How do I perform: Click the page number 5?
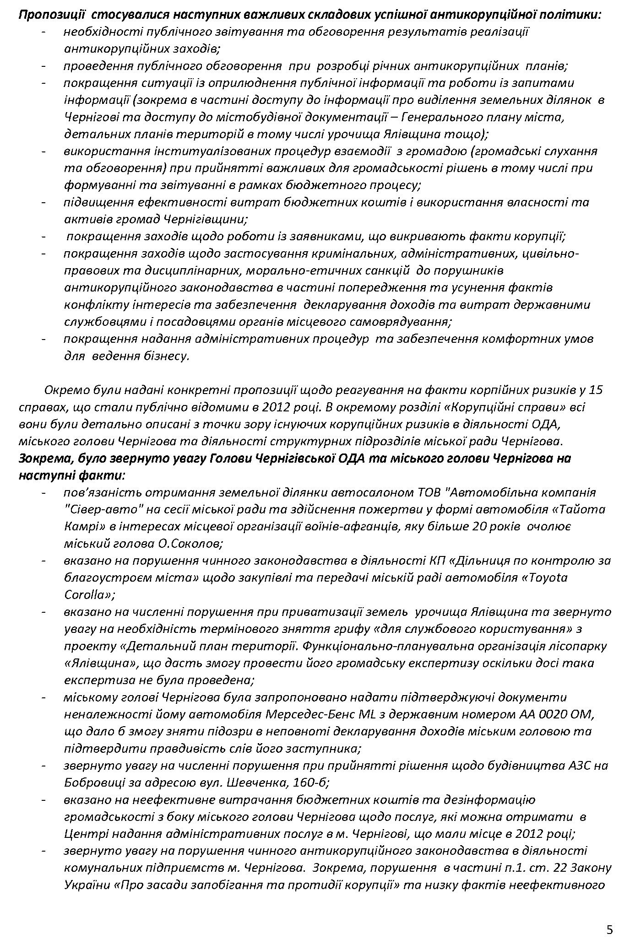tap(609, 917)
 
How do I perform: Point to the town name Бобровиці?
tap(94, 782)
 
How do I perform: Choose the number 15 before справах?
tap(596, 390)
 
